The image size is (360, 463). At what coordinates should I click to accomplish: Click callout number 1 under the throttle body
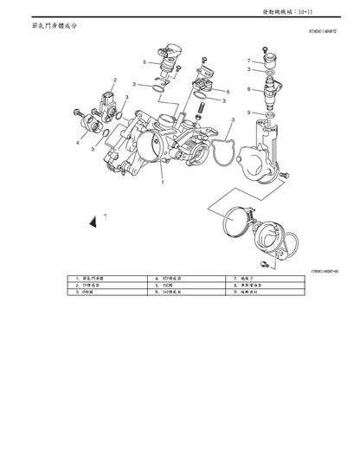point(162,183)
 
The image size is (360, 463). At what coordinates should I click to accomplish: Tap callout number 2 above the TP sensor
point(112,80)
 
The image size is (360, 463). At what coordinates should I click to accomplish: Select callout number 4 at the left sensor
point(77,143)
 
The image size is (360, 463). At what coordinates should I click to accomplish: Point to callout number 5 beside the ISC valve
point(145,61)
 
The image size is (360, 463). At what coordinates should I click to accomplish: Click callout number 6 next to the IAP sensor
point(228,91)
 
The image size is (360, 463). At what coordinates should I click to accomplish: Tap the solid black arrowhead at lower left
point(93,223)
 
